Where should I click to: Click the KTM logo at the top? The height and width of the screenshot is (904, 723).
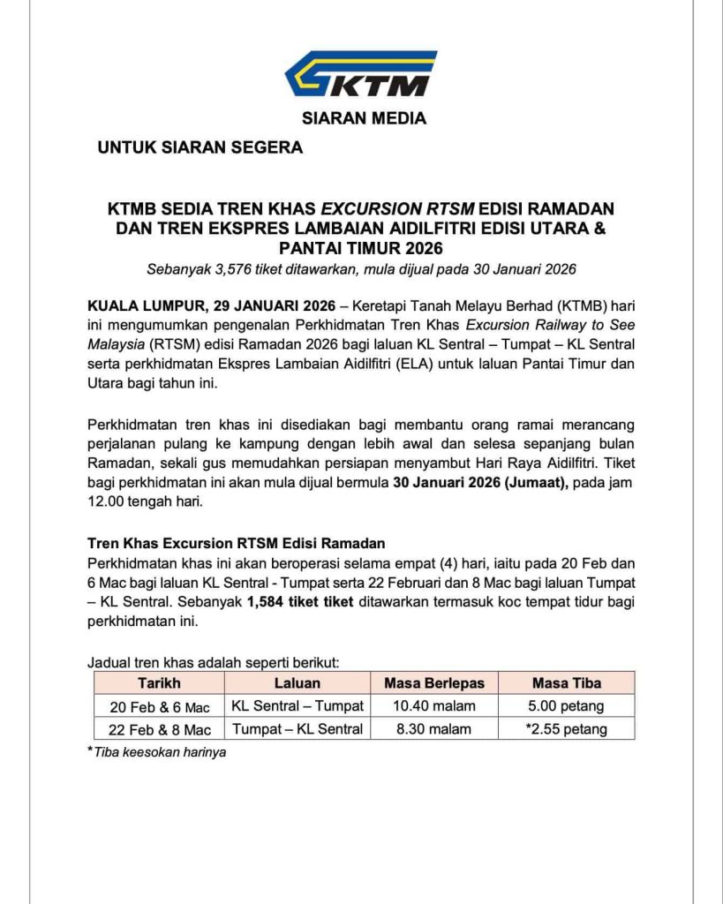click(x=361, y=74)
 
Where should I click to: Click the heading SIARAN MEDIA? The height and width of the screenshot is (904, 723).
click(x=364, y=118)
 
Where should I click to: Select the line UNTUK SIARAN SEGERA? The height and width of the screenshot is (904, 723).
click(x=200, y=147)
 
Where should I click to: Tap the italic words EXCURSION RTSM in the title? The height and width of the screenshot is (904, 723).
click(x=397, y=209)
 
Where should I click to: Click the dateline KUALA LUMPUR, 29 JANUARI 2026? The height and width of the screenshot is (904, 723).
click(x=211, y=306)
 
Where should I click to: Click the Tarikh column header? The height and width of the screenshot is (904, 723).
click(x=159, y=682)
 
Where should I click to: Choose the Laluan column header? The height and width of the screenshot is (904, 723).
click(x=297, y=682)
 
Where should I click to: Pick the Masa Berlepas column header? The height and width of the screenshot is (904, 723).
click(x=434, y=682)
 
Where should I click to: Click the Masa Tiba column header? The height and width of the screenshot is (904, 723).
click(x=566, y=682)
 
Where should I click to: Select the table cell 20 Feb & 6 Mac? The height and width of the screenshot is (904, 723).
click(x=160, y=706)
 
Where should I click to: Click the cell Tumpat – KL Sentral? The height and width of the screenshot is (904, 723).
click(x=297, y=729)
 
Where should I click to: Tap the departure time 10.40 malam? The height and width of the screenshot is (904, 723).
click(x=434, y=705)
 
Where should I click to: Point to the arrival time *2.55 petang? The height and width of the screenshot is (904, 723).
click(x=565, y=729)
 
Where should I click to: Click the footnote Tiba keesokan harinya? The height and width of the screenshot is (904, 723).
click(x=160, y=753)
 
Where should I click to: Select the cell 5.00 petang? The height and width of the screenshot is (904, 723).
click(x=566, y=705)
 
